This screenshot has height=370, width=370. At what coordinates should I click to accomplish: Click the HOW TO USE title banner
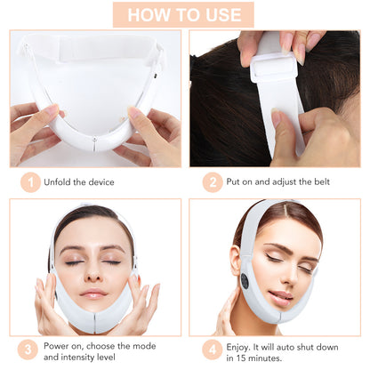point(183,14)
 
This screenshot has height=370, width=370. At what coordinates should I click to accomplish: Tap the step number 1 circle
point(31,182)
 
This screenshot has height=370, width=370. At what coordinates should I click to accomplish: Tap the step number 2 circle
point(212,182)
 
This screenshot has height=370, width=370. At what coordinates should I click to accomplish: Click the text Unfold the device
point(81,182)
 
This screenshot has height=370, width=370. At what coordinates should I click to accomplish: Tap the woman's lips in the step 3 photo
point(93,294)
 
